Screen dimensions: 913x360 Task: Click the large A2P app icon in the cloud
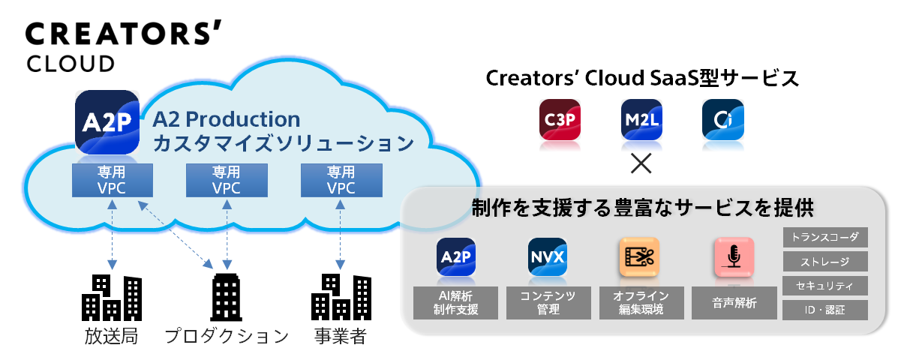pyautogui.click(x=107, y=122)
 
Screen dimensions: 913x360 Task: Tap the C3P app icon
pyautogui.click(x=560, y=120)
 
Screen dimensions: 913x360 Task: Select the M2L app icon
pyautogui.click(x=641, y=120)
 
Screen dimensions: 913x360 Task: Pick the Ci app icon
pyautogui.click(x=723, y=120)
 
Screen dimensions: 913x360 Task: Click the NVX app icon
pyautogui.click(x=548, y=256)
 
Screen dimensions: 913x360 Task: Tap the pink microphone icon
pyautogui.click(x=734, y=256)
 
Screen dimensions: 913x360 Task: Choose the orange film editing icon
pyautogui.click(x=639, y=256)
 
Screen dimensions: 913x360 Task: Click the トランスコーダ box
pyautogui.click(x=825, y=237)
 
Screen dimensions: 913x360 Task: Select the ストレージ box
pyautogui.click(x=825, y=261)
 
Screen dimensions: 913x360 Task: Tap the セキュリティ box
pyautogui.click(x=825, y=286)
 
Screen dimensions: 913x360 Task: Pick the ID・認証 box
pyautogui.click(x=825, y=310)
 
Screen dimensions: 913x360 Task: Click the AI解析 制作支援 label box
pyautogui.click(x=455, y=303)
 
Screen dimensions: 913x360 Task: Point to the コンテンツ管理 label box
pyautogui.click(x=548, y=303)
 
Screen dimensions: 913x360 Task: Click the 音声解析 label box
pyautogui.click(x=734, y=303)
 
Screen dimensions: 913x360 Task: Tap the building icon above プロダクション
pyautogui.click(x=227, y=297)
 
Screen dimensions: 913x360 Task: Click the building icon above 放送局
pyautogui.click(x=112, y=297)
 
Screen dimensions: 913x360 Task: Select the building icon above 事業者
pyautogui.click(x=341, y=297)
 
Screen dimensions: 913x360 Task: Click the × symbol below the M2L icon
pyautogui.click(x=641, y=163)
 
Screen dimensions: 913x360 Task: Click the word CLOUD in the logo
pyautogui.click(x=71, y=64)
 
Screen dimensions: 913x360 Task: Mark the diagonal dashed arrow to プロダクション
pyautogui.click(x=176, y=235)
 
